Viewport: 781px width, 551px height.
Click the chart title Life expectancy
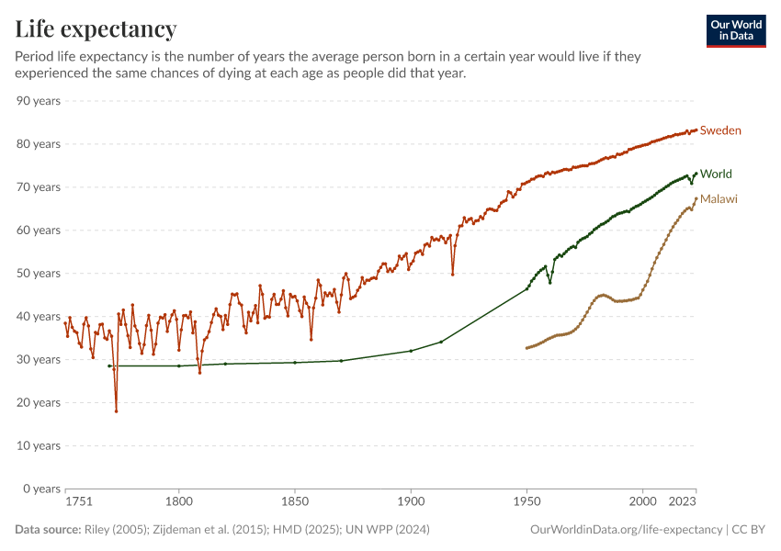[96, 29]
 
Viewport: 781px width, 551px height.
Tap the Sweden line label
[720, 130]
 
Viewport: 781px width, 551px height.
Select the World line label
[716, 174]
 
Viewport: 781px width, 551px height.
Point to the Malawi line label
[719, 198]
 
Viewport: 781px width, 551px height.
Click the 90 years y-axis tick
[39, 100]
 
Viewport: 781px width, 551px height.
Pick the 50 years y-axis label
[39, 273]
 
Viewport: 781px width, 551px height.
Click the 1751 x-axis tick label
[79, 503]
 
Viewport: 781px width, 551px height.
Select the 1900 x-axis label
[411, 503]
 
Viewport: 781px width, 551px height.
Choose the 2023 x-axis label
[681, 503]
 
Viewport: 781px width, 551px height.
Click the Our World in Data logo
[736, 30]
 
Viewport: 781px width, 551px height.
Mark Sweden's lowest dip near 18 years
[116, 410]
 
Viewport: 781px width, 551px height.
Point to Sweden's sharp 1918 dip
[453, 274]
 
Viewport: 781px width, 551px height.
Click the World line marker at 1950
[527, 288]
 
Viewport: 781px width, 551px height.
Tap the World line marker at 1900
[411, 351]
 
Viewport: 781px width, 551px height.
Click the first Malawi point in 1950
[526, 348]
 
